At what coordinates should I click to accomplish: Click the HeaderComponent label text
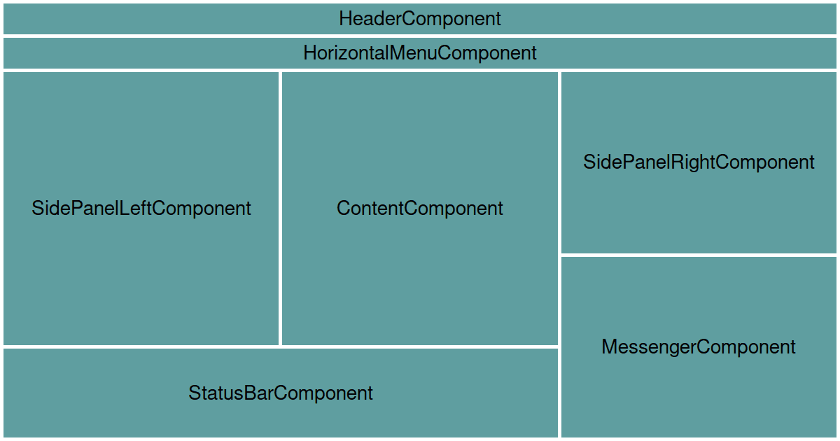pos(420,19)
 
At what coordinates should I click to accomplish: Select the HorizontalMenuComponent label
pos(420,53)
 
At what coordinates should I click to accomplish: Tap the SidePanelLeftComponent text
pos(141,208)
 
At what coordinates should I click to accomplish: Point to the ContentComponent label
pos(420,208)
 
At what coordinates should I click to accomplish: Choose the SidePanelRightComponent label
pos(699,162)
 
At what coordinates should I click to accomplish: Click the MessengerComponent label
pos(699,347)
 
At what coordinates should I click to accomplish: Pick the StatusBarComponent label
pos(280,393)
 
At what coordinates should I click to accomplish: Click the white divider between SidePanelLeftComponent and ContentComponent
pos(280,208)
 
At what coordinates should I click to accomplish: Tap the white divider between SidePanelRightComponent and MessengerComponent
pos(699,255)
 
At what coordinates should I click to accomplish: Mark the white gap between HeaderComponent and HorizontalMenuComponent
pos(420,36)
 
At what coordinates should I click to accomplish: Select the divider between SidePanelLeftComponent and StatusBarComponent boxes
pos(141,346)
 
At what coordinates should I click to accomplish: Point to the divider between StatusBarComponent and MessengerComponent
pos(559,393)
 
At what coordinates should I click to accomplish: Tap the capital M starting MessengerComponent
pos(609,347)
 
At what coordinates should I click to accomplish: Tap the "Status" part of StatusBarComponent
pos(213,393)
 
